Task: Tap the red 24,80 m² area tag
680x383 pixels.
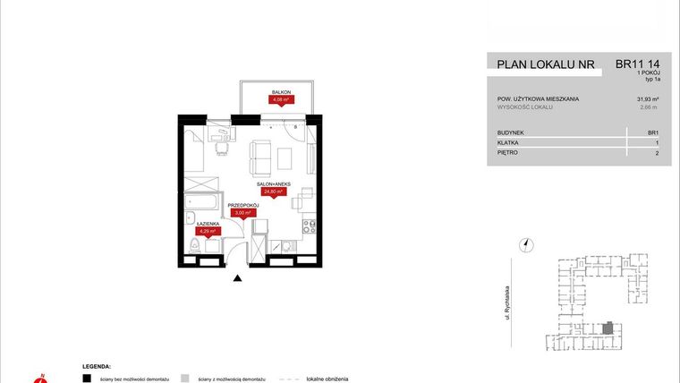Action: (272, 191)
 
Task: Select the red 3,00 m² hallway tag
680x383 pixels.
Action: (243, 213)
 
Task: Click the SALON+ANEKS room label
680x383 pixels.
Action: (273, 183)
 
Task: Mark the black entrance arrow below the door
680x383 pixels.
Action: (237, 280)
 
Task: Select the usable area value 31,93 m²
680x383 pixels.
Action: (648, 98)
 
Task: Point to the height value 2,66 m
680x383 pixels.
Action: (650, 106)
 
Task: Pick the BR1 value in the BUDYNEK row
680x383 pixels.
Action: (653, 132)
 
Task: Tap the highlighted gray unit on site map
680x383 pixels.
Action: (608, 328)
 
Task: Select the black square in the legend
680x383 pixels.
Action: (87, 378)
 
